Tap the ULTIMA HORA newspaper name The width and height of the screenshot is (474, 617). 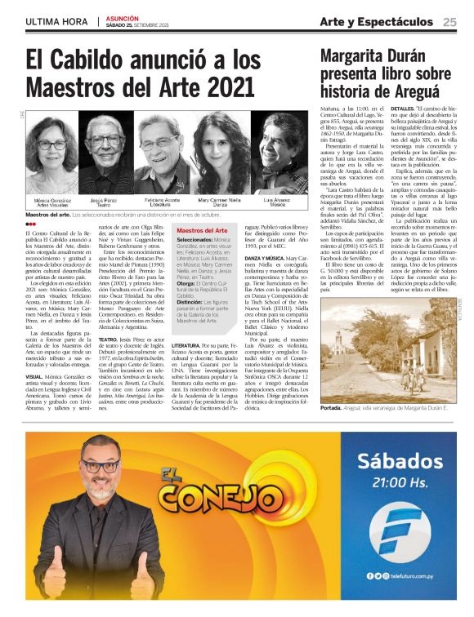[57, 22]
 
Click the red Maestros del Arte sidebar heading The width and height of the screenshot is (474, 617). [202, 232]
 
